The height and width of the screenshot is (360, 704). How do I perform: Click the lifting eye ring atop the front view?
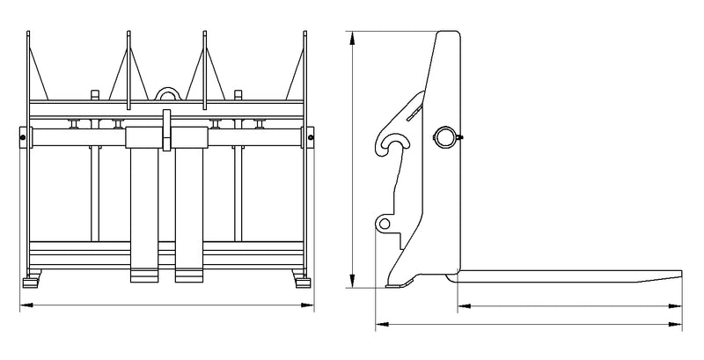pos(166,92)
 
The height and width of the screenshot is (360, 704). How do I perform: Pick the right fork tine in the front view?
pos(189,211)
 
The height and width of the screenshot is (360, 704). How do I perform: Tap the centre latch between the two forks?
pos(165,132)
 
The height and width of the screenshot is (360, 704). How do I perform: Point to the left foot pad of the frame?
pos(32,283)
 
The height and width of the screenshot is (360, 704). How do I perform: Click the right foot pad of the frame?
pos(302,283)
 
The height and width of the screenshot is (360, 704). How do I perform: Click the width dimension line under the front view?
pos(167,305)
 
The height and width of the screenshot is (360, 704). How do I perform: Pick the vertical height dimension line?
pos(352,158)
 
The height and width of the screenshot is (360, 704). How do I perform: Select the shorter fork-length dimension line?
pos(570,305)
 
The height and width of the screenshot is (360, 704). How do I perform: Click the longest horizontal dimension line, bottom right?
pos(528,326)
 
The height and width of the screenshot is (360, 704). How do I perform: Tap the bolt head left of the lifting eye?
pos(95,93)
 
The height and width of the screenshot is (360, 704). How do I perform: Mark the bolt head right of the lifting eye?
pos(238,93)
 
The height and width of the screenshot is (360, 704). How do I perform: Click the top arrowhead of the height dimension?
pos(352,37)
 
